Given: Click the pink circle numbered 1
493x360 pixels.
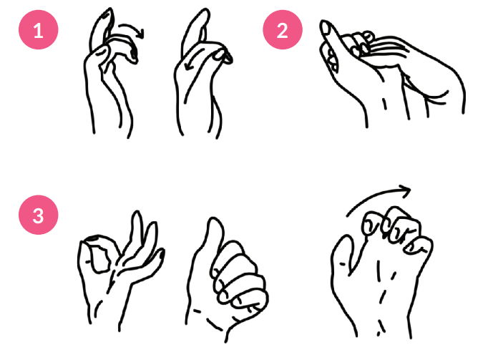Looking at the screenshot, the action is tap(39, 29).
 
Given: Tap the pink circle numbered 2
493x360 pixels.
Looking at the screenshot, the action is tap(283, 29).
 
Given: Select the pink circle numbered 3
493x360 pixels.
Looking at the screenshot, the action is tap(39, 215).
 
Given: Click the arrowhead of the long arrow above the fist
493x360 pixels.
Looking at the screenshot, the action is tap(406, 190).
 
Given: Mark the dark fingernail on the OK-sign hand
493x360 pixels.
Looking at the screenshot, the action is tap(94, 239).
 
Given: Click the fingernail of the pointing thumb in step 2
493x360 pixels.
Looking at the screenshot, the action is tap(326, 29).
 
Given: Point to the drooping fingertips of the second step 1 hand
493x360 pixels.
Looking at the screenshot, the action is tap(225, 56).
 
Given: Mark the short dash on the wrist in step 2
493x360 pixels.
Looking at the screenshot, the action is tap(384, 104).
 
